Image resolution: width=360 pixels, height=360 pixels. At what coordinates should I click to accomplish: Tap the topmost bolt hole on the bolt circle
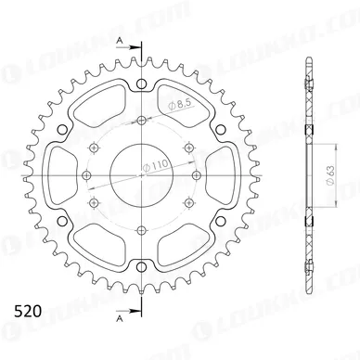pyautogui.click(x=141, y=121)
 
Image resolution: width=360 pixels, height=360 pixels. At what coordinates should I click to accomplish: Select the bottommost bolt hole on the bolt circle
pyautogui.click(x=141, y=229)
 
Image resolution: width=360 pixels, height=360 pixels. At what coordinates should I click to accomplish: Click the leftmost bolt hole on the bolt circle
pyautogui.click(x=94, y=148)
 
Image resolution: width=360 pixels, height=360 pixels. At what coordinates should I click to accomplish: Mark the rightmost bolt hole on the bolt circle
pyautogui.click(x=188, y=148)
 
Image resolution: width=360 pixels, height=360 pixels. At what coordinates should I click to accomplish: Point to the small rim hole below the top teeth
pyautogui.click(x=141, y=86)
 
